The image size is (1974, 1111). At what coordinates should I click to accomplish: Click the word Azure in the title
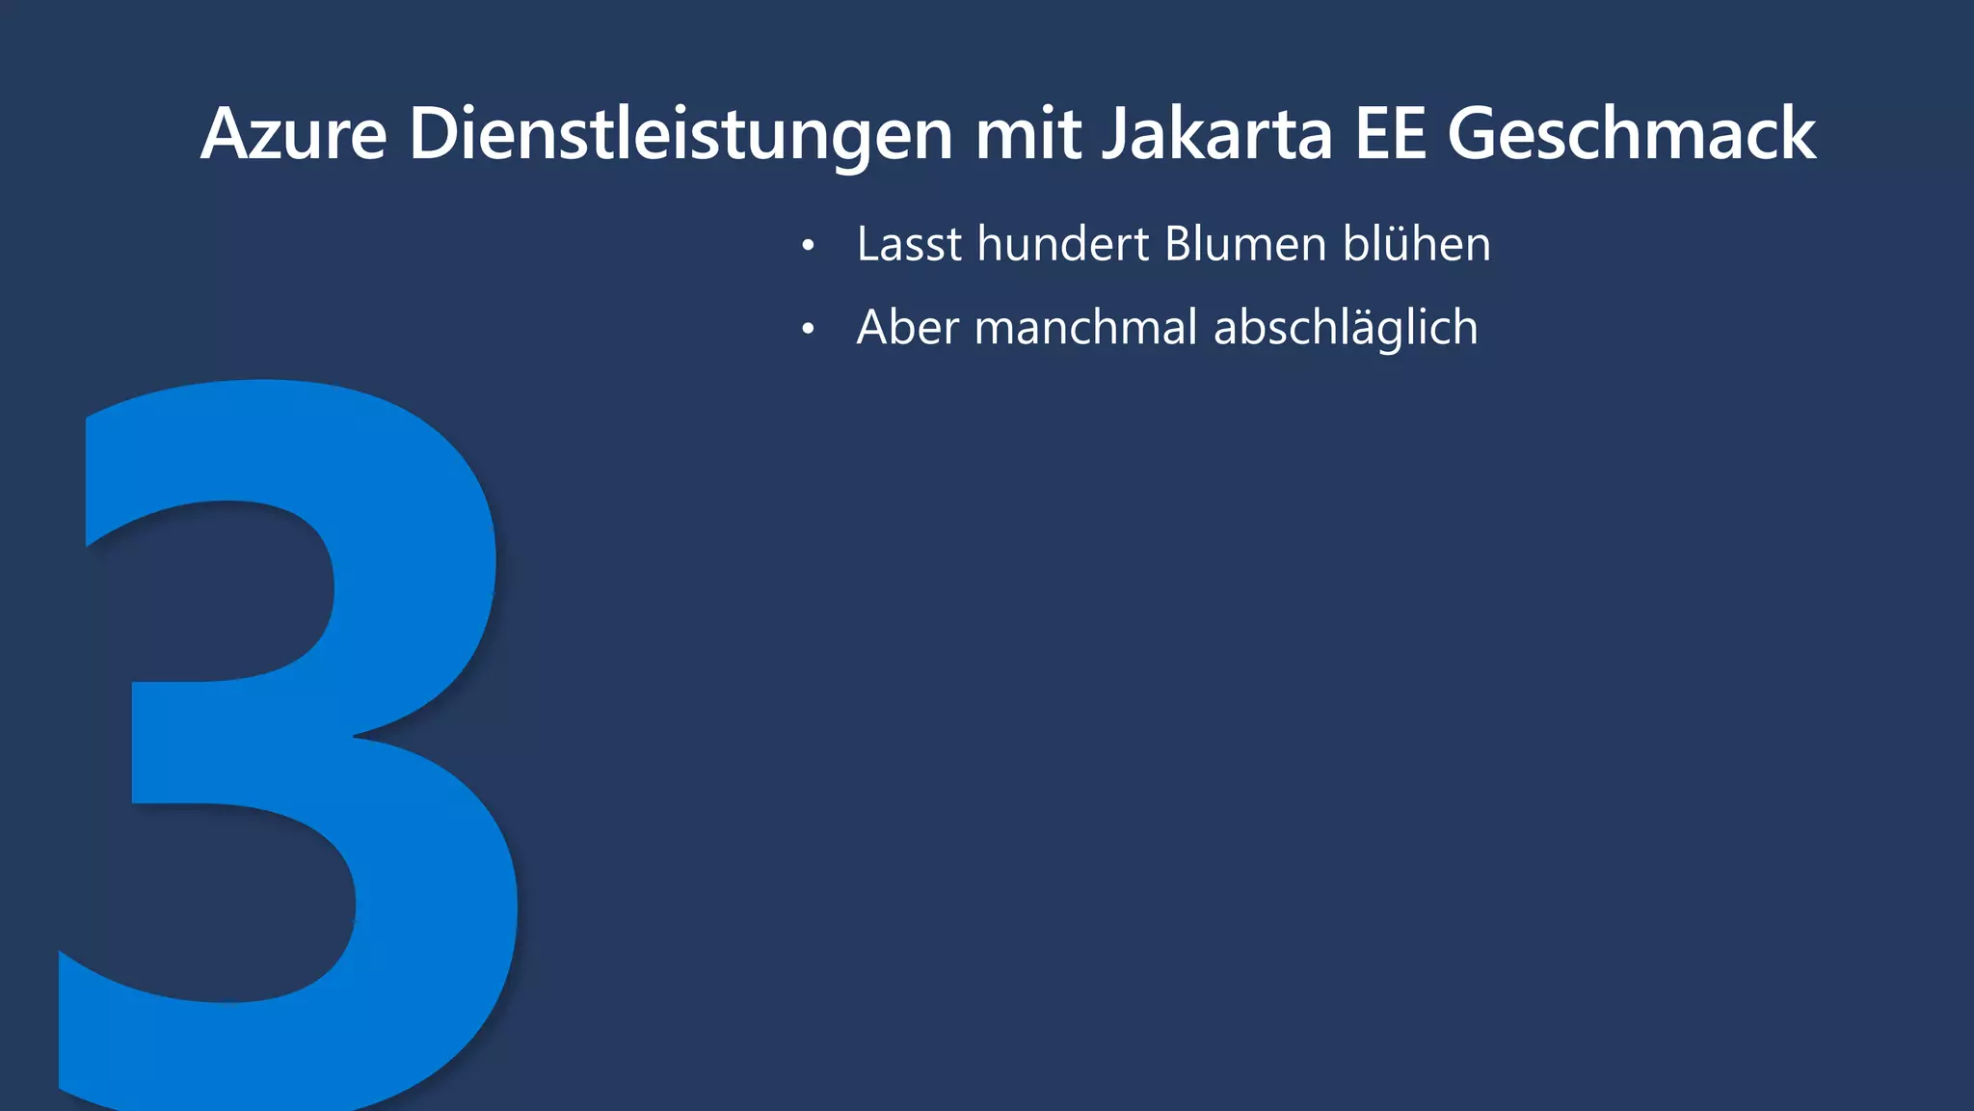pyautogui.click(x=294, y=134)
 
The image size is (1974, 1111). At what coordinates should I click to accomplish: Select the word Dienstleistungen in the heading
pyautogui.click(x=680, y=134)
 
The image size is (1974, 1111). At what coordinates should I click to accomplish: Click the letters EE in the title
pyautogui.click(x=1390, y=134)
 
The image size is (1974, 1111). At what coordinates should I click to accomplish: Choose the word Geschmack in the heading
pyautogui.click(x=1632, y=134)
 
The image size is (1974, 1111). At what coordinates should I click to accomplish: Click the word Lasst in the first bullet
pyautogui.click(x=909, y=244)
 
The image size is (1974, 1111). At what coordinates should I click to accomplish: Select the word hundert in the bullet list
pyautogui.click(x=1063, y=244)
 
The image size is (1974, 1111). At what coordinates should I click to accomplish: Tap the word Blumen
pyautogui.click(x=1245, y=244)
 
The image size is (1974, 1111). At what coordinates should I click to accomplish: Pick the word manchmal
pyautogui.click(x=1086, y=328)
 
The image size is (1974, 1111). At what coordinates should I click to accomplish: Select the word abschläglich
pyautogui.click(x=1346, y=328)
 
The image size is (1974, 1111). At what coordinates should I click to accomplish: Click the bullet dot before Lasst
pyautogui.click(x=808, y=247)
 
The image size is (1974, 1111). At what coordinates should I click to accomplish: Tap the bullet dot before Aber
pyautogui.click(x=808, y=331)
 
